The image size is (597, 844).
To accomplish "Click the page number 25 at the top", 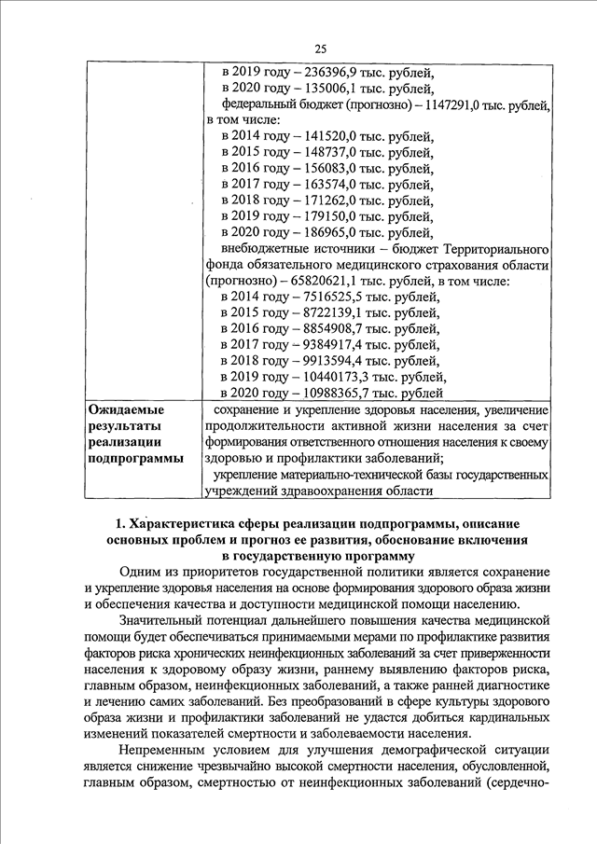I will tap(319, 48).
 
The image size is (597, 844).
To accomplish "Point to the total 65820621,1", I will tap(328, 281).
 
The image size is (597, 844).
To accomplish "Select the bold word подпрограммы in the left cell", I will tap(135, 458).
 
